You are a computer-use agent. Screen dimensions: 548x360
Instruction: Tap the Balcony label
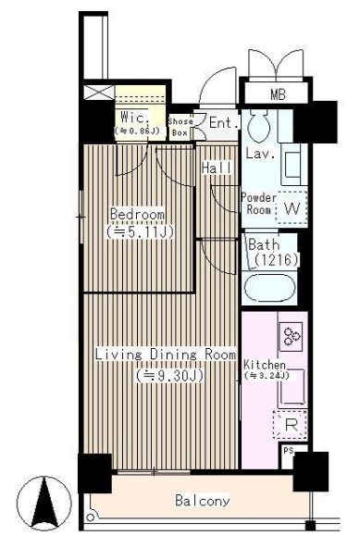coord(203,501)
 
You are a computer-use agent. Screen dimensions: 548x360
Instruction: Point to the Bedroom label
coord(137,215)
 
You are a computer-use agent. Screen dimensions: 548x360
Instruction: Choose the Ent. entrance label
coord(222,122)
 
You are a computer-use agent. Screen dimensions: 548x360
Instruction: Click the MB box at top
coord(278,93)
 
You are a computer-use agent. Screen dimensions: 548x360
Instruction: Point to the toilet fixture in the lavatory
coord(257,124)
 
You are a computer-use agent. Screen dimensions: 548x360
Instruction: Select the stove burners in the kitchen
coord(292,335)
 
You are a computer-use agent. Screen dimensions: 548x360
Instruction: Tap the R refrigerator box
coord(290,426)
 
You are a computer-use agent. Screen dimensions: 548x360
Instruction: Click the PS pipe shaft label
coord(288,452)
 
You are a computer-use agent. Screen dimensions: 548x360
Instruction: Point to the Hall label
coord(217,168)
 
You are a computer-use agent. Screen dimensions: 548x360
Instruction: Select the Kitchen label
coord(266,366)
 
